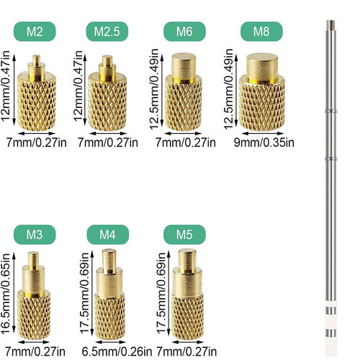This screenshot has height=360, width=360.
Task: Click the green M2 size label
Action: coord(35,32)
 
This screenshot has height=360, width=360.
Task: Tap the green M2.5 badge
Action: coord(107,32)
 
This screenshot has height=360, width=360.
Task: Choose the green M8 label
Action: coord(261,32)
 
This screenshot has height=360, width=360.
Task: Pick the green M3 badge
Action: coord(34,235)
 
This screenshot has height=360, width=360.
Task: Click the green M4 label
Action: coord(107,235)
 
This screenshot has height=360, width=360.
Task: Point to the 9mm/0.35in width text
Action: coord(266,142)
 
